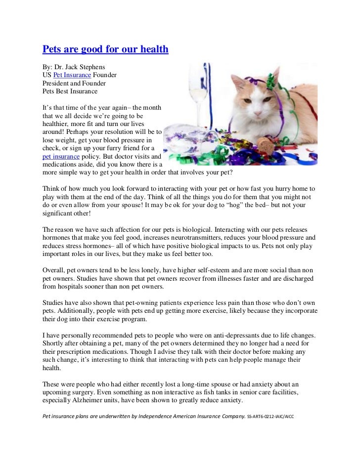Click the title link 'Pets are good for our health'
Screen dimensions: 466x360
[x=105, y=49]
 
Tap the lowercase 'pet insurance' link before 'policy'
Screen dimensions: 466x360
[x=61, y=157]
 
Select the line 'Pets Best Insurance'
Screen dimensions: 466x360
[x=70, y=91]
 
